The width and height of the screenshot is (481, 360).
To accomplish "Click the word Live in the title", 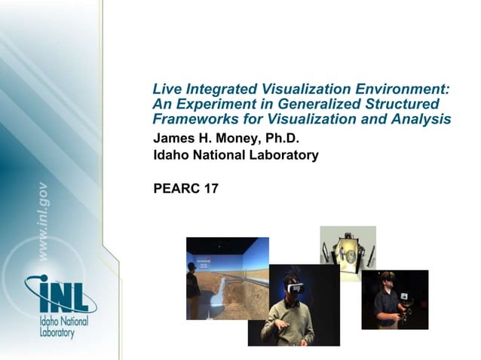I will point(165,89).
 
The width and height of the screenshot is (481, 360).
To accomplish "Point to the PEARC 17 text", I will point(185,188).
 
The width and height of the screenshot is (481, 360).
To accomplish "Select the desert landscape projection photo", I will point(226,275).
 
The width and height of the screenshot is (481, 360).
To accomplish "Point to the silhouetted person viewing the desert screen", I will point(193,286).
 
